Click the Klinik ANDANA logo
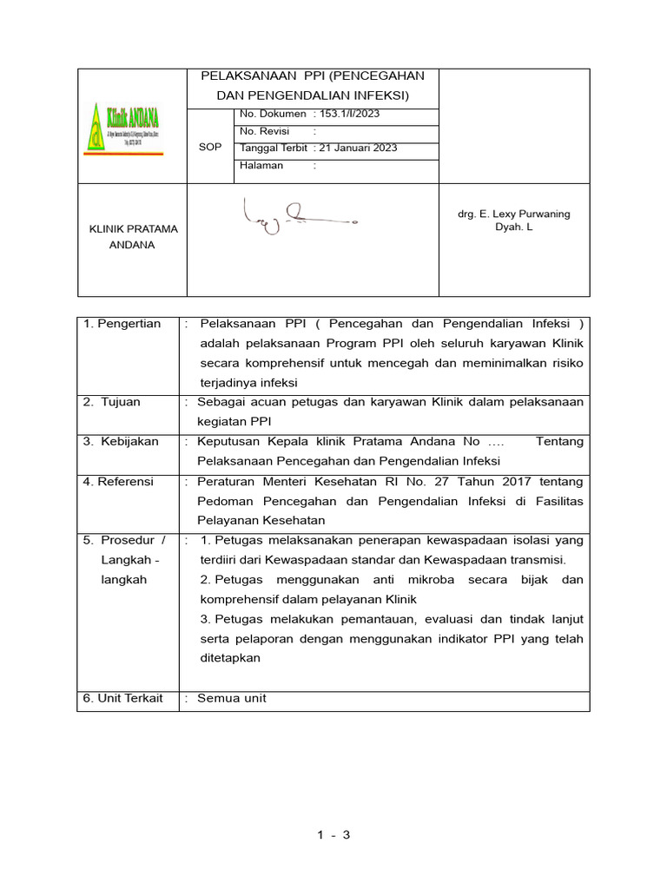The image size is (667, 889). [123, 127]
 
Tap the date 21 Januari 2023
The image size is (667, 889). [359, 148]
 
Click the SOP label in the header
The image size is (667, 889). [210, 148]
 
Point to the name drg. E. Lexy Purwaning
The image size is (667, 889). [513, 214]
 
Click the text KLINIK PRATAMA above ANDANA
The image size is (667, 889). [135, 229]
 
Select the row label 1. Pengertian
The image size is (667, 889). [122, 324]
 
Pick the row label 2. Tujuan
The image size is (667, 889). [112, 402]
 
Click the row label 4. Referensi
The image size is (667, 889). [118, 481]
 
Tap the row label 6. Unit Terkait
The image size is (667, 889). [123, 698]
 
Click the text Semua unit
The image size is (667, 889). [232, 698]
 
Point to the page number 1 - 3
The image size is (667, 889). [333, 836]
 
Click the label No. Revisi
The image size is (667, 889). [264, 131]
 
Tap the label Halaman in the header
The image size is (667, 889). [261, 165]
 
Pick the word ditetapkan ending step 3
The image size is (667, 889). [230, 658]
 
